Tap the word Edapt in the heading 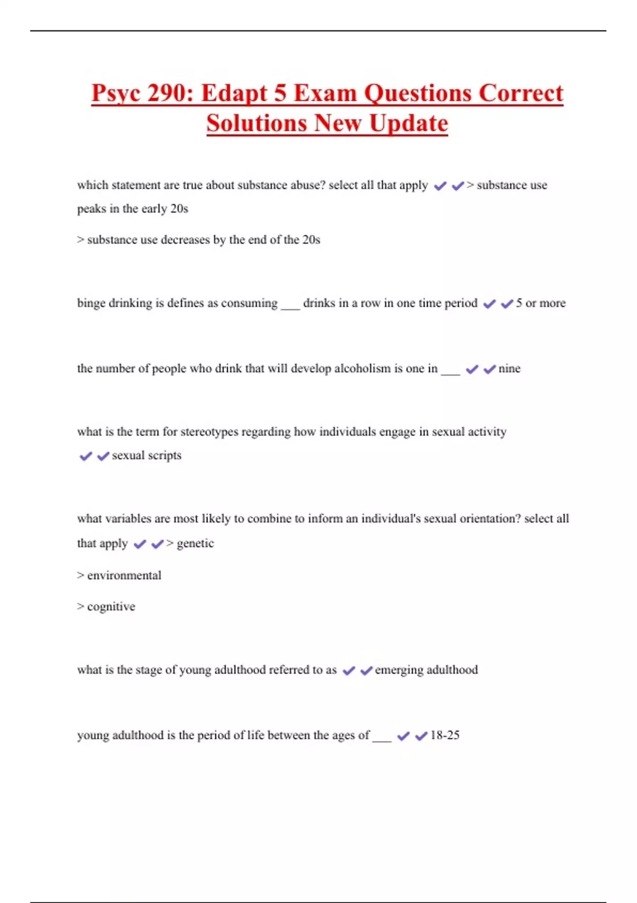tap(234, 93)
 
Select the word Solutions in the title tap(256, 123)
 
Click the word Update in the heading tap(408, 123)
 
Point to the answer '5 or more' tap(540, 303)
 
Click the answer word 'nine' tap(509, 369)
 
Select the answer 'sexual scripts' tap(147, 456)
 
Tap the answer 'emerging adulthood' tap(426, 670)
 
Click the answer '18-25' tap(445, 735)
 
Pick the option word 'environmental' tap(124, 575)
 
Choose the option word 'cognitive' tap(111, 607)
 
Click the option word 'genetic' tap(195, 543)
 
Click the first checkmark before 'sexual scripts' tap(85, 456)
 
